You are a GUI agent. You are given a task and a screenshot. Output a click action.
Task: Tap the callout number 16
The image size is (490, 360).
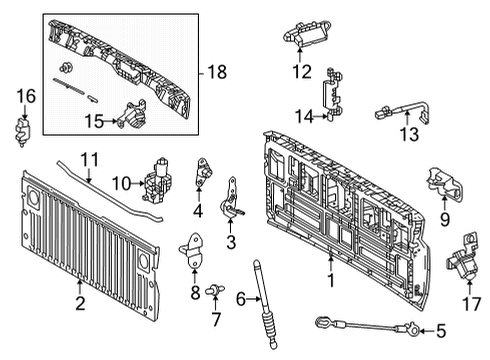click(26, 95)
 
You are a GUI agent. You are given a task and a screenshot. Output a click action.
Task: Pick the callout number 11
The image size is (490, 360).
click(91, 158)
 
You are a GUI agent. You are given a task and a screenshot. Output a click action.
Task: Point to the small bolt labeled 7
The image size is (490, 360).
click(214, 291)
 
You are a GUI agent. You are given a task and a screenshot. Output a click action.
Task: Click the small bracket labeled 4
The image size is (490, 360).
click(202, 172)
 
